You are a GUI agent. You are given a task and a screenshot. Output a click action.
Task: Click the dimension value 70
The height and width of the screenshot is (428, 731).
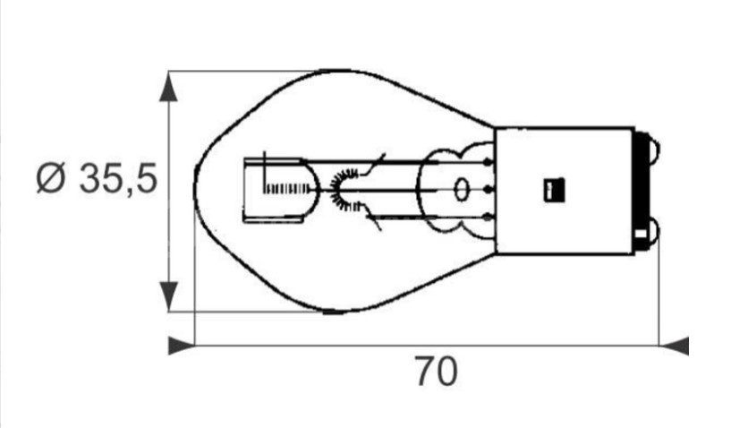(x=436, y=372)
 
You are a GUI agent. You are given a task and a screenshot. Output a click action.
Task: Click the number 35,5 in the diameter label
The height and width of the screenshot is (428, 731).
(x=118, y=178)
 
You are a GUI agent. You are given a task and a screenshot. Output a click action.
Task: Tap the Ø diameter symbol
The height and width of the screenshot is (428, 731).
(x=51, y=178)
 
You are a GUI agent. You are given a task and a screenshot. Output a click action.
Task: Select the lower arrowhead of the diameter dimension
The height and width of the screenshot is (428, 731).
(x=168, y=295)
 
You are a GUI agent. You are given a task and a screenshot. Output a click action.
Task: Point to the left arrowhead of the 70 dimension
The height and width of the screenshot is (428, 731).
(x=182, y=346)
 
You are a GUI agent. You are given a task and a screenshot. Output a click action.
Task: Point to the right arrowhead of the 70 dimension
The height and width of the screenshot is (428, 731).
(x=674, y=346)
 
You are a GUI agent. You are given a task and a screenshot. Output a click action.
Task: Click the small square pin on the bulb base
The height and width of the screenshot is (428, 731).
(x=555, y=190)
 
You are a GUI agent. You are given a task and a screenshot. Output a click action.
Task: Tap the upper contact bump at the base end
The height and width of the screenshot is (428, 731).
(x=655, y=150)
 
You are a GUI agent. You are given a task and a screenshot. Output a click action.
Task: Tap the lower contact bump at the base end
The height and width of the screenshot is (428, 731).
(x=655, y=229)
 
